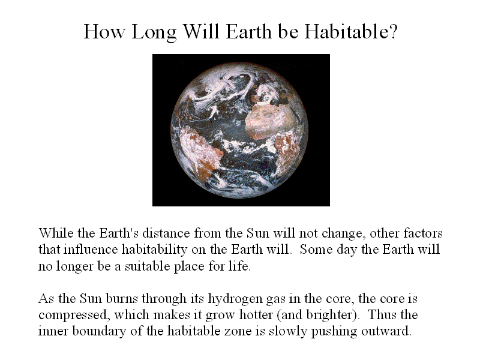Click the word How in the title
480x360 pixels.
coord(104,31)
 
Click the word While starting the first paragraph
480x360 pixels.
coord(56,233)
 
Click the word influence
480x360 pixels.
coord(91,249)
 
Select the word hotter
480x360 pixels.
coord(256,314)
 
